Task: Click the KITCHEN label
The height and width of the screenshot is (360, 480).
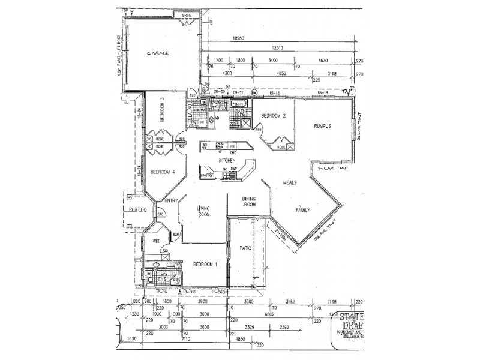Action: coord(227,161)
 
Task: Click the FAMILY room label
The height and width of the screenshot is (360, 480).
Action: coord(304,211)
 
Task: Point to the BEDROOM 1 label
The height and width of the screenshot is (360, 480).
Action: coord(204,264)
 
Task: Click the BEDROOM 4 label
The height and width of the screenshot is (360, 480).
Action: coord(162,172)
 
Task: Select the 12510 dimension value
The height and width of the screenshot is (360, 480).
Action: coord(277,48)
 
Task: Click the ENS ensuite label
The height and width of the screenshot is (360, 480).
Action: coord(161,280)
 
